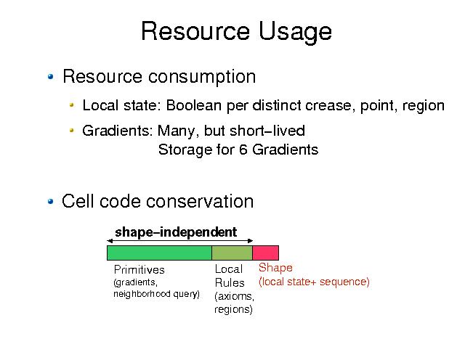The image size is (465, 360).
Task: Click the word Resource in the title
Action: [x=195, y=30]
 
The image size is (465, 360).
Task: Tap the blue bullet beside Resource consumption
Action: [x=51, y=76]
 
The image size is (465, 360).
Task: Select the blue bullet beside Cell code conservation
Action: [x=51, y=202]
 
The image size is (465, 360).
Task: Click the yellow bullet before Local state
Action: [x=71, y=105]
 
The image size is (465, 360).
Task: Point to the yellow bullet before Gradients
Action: [x=71, y=130]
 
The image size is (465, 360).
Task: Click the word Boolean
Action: [x=194, y=105]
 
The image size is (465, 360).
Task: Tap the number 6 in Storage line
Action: [x=243, y=150]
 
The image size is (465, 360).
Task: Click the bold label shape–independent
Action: [x=176, y=232]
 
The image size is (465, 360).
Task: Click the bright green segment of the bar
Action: [x=159, y=253]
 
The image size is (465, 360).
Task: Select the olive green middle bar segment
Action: [x=232, y=253]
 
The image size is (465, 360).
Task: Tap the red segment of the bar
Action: [x=266, y=253]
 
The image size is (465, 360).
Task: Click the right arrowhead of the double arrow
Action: [x=250, y=241]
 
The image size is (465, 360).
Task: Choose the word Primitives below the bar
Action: [x=139, y=269]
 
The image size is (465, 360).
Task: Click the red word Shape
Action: [x=275, y=268]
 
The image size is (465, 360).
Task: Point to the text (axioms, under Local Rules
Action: [x=234, y=296]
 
